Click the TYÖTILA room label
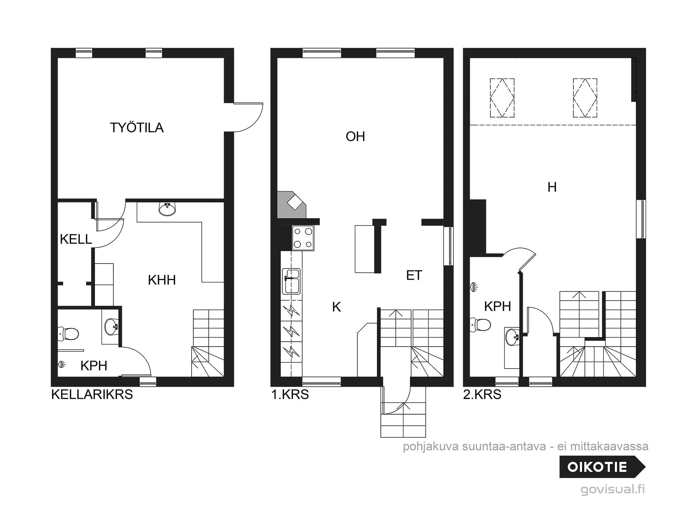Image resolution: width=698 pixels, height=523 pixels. [x=137, y=128]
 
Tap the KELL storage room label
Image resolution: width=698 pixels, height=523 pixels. [x=76, y=239]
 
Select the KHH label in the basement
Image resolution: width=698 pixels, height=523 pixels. [x=162, y=280]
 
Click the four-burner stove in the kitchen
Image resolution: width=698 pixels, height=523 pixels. [x=303, y=238]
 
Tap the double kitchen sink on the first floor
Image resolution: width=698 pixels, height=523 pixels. [x=291, y=281]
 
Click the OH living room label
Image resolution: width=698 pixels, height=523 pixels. [x=355, y=136]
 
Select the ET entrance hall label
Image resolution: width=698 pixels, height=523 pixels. [x=414, y=275]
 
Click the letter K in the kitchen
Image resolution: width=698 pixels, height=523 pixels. [x=336, y=307]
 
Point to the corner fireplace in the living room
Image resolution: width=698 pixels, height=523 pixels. [x=291, y=205]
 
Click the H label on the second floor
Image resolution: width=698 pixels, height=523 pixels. [x=552, y=187]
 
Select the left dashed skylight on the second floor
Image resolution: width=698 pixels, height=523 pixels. [x=502, y=98]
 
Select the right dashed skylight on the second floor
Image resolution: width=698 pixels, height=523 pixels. [x=585, y=98]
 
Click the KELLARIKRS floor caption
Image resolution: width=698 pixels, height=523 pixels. [x=92, y=394]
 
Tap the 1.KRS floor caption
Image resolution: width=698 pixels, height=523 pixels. [x=290, y=394]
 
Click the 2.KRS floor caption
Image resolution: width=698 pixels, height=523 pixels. [x=482, y=394]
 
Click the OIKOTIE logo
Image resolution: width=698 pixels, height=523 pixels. [x=602, y=467]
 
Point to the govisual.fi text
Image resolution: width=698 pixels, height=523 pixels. [x=613, y=489]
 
